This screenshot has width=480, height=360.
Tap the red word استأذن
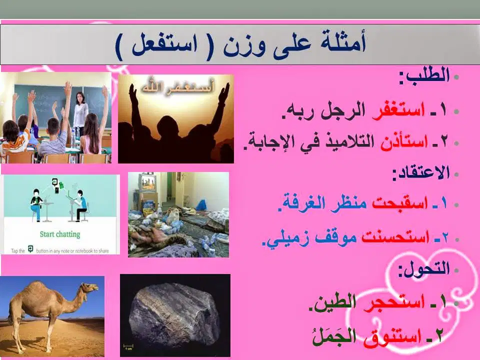click(404, 141)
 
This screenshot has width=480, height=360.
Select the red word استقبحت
click(400, 202)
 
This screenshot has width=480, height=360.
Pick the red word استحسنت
click(395, 236)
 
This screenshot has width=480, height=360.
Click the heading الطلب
click(424, 75)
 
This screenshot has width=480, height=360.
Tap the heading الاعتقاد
click(421, 173)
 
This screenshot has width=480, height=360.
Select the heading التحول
click(424, 269)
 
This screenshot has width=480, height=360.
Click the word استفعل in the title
click(164, 45)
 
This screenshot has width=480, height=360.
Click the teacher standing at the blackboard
click(80, 113)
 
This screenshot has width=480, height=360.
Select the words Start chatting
click(60, 234)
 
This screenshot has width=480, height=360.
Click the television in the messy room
click(147, 182)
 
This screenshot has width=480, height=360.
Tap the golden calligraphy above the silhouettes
click(177, 86)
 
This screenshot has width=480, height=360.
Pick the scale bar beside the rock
click(128, 346)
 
